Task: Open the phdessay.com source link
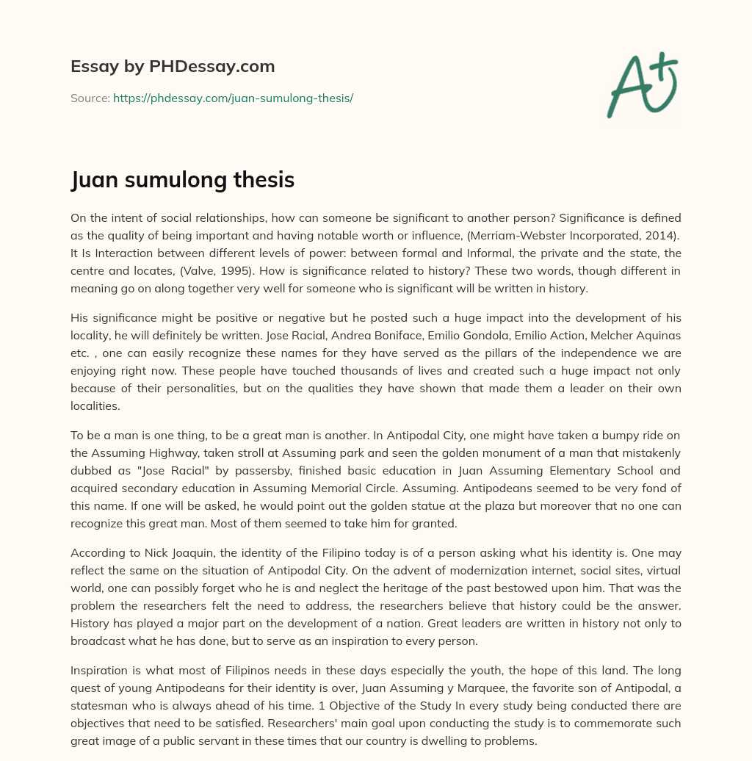(233, 98)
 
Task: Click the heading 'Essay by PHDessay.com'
(173, 67)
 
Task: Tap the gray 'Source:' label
(90, 98)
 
